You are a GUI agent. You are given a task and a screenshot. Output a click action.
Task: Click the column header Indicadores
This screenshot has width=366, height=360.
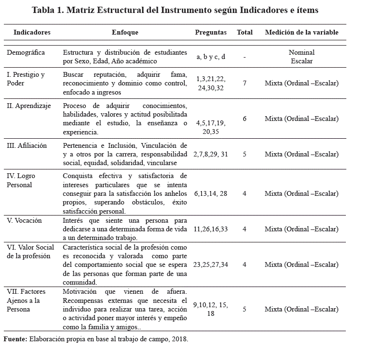32,33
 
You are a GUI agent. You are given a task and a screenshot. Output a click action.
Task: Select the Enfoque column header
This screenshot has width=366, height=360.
125,33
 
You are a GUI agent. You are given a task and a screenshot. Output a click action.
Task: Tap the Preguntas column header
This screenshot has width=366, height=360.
211,33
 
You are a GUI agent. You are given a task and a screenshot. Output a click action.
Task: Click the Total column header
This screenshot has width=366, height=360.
245,33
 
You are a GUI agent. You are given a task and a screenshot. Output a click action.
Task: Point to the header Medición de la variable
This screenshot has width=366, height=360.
301,33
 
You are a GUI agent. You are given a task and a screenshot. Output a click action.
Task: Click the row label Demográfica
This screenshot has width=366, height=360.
25,52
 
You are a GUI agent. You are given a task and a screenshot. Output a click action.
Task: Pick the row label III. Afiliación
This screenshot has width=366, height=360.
27,145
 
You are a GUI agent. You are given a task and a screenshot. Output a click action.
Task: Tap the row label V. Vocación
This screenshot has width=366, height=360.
24,220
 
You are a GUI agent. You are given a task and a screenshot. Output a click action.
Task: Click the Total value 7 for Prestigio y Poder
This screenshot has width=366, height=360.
245,83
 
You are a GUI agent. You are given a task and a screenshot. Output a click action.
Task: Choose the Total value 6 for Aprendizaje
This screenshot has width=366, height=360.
245,119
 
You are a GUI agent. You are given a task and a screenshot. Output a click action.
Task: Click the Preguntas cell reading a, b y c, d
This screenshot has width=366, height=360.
211,57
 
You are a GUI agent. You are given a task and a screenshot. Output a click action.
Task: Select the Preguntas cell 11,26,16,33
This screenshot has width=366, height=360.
211,229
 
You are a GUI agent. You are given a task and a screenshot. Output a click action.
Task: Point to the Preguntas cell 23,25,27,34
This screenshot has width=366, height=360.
211,264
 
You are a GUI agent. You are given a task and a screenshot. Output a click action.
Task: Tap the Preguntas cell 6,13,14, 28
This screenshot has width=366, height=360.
211,193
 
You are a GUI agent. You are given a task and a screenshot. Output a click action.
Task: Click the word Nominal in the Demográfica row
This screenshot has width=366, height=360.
302,52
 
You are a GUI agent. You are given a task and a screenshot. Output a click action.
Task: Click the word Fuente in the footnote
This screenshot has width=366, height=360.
15,339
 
